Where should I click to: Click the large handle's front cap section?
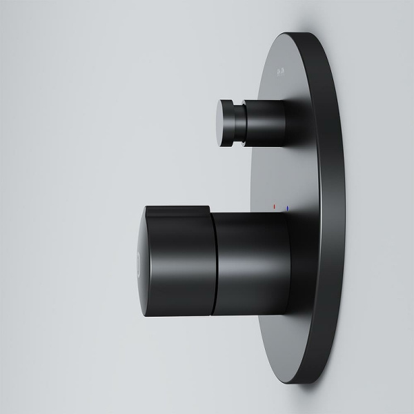(x=179, y=269)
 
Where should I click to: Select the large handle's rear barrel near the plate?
(x=252, y=266)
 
